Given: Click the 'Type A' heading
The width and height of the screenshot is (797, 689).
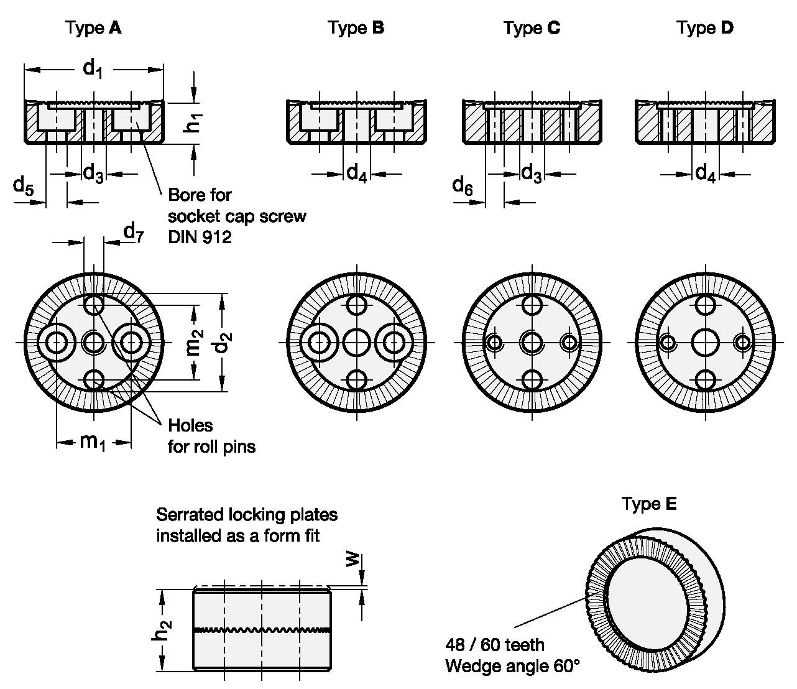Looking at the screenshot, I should pyautogui.click(x=93, y=28).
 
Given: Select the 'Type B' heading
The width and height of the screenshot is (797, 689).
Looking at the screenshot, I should pyautogui.click(x=356, y=28).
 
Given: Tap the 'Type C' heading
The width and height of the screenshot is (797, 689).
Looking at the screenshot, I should pyautogui.click(x=532, y=28).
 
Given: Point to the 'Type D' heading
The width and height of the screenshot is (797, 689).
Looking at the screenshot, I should pyautogui.click(x=705, y=28).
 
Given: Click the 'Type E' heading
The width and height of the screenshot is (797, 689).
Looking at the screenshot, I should pyautogui.click(x=649, y=504).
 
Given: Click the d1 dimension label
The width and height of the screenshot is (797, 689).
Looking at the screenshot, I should pyautogui.click(x=93, y=68).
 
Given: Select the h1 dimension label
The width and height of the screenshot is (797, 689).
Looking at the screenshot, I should pyautogui.click(x=195, y=121).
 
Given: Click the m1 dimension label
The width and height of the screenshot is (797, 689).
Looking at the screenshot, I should pyautogui.click(x=93, y=442).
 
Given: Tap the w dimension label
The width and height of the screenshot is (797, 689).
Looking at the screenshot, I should pyautogui.click(x=352, y=560).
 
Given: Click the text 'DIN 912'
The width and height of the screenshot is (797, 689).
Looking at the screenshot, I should pyautogui.click(x=200, y=237).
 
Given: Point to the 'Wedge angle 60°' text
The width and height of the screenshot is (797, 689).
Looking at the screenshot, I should pyautogui.click(x=512, y=667).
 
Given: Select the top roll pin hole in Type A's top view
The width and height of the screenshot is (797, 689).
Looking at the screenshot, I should pyautogui.click(x=94, y=305).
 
